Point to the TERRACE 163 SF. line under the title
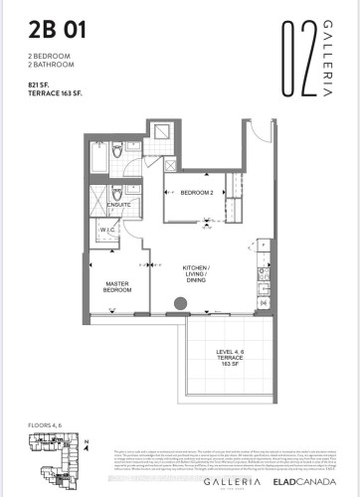pos(55,92)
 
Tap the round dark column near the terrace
pos(181,304)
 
